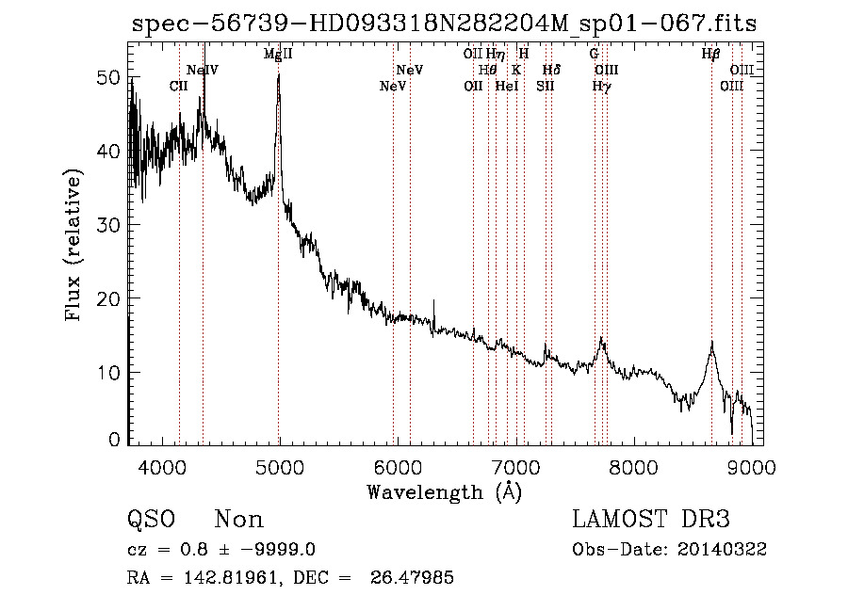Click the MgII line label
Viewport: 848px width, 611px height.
coord(278,55)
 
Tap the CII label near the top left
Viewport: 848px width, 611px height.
coord(179,86)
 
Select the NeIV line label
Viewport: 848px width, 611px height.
coord(203,71)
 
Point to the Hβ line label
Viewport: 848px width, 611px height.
coord(711,55)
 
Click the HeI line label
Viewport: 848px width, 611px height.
coord(507,86)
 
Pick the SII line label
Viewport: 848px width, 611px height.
coord(546,86)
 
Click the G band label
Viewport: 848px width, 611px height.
coord(594,55)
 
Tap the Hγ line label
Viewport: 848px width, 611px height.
coord(600,86)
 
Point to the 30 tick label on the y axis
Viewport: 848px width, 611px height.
coord(109,224)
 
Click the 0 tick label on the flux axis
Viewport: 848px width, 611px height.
coord(116,440)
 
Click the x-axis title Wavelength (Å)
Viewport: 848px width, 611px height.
coord(444,491)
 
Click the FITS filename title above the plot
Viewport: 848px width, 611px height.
coord(443,24)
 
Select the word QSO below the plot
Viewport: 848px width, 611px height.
coord(150,520)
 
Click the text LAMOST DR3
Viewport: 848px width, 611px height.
coord(651,520)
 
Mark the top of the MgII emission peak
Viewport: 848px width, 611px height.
coord(279,74)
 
